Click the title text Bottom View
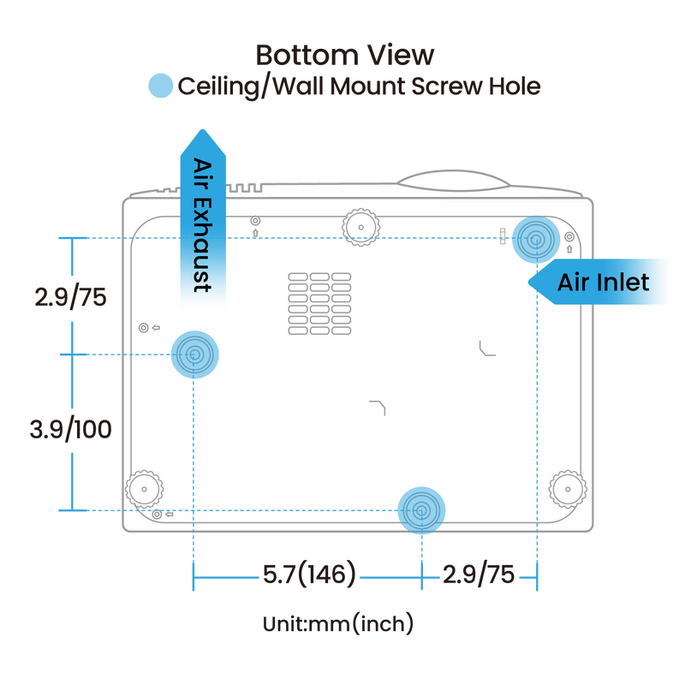[x=345, y=55]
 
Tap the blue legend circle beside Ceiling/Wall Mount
[x=161, y=86]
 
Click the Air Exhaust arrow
[x=203, y=217]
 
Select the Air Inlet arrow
[x=599, y=282]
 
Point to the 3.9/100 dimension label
[x=71, y=429]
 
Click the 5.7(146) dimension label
[x=309, y=574]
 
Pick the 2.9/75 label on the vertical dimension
[x=71, y=297]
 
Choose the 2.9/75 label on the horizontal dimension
[x=479, y=574]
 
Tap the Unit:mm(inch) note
[x=338, y=623]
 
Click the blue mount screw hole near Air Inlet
[x=536, y=240]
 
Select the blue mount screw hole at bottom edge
[x=421, y=510]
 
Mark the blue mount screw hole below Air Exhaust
[x=195, y=354]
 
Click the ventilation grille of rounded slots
[x=319, y=304]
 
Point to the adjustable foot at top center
[x=360, y=227]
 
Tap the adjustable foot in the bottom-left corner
[x=144, y=489]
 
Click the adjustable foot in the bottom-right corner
[x=568, y=489]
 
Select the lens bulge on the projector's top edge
[x=454, y=181]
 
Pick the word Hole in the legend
[x=515, y=86]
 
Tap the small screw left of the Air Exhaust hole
[x=143, y=328]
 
